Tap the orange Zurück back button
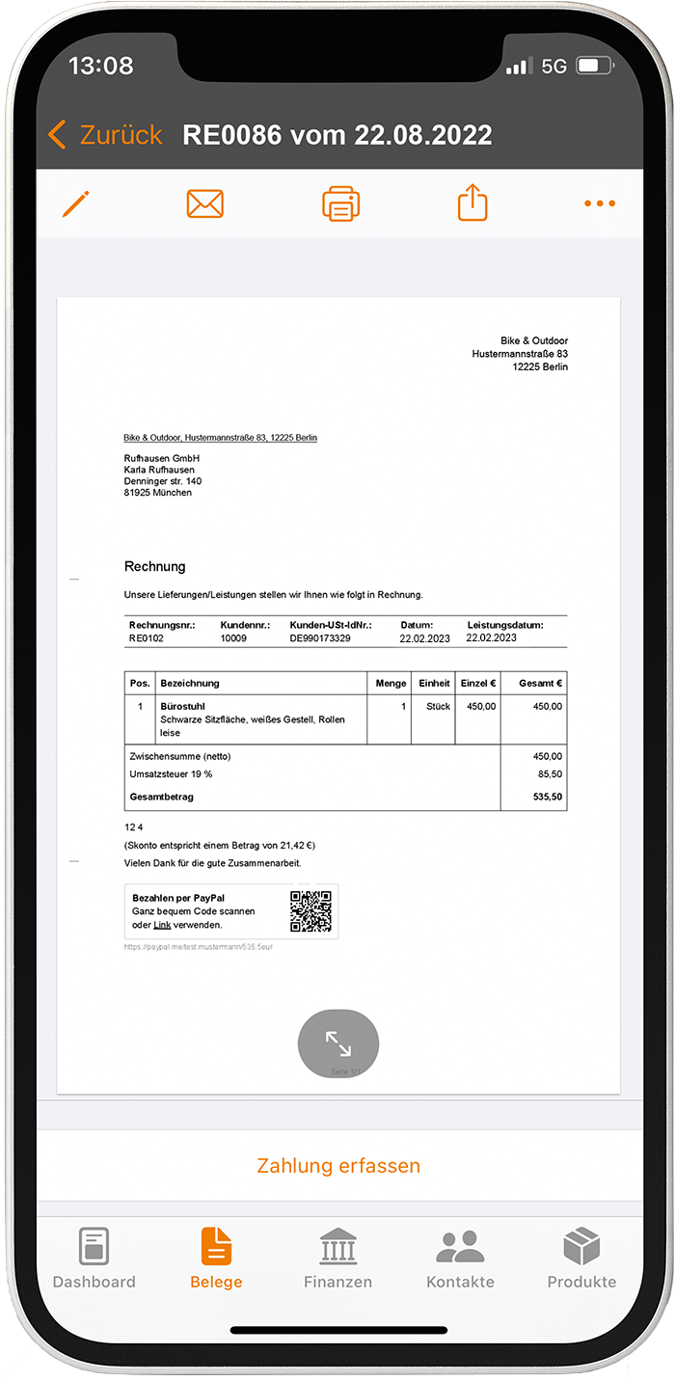(105, 134)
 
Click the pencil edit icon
(75, 203)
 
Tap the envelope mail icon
(204, 203)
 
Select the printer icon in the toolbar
(340, 203)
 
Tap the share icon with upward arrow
(472, 203)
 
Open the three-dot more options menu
(599, 203)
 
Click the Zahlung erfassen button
(338, 1165)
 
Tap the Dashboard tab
(94, 1259)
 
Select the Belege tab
(216, 1259)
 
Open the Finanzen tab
(337, 1259)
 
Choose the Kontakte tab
(460, 1259)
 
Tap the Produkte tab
(581, 1259)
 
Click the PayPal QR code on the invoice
(310, 911)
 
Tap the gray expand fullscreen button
(338, 1043)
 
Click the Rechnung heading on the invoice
(154, 566)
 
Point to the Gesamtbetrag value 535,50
(547, 798)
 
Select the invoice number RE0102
(147, 638)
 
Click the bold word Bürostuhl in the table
(182, 706)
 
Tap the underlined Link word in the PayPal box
(162, 925)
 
